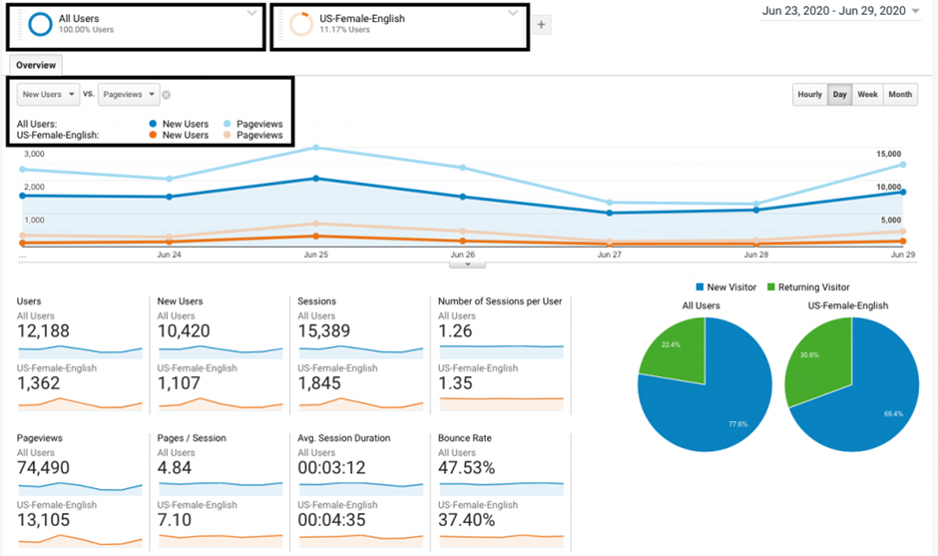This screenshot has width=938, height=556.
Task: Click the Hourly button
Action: tap(810, 95)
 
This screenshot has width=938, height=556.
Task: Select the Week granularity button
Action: tap(867, 95)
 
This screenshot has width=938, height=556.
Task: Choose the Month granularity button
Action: tap(900, 95)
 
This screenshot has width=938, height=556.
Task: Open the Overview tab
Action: tap(36, 65)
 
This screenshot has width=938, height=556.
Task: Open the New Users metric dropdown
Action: tap(48, 95)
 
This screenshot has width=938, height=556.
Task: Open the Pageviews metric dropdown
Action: tap(129, 95)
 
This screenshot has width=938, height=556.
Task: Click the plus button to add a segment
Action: tap(542, 25)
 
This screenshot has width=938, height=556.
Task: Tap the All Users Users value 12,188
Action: tap(45, 331)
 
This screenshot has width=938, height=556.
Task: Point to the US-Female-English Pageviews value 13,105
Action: tap(45, 521)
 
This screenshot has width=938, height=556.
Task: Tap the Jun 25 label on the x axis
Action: tap(316, 256)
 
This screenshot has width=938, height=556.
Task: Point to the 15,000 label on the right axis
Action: tap(889, 154)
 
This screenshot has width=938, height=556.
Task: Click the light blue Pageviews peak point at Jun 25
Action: tap(316, 148)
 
